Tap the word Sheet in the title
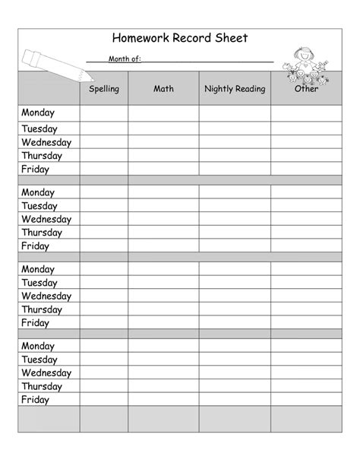[x=231, y=37]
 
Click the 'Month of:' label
[x=125, y=59]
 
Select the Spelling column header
[x=104, y=89]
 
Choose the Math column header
[x=163, y=89]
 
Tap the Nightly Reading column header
[x=235, y=89]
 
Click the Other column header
[x=306, y=89]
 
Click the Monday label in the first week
[x=38, y=113]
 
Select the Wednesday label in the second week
[x=46, y=219]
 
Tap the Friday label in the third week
[x=35, y=323]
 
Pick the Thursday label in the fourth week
[x=42, y=386]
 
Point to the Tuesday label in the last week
[x=39, y=360]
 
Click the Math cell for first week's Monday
[x=163, y=113]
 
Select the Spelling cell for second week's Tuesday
[x=104, y=206]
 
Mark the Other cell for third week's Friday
[x=306, y=323]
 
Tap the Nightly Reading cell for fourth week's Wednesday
[x=235, y=373]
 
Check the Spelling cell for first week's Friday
[x=104, y=169]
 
